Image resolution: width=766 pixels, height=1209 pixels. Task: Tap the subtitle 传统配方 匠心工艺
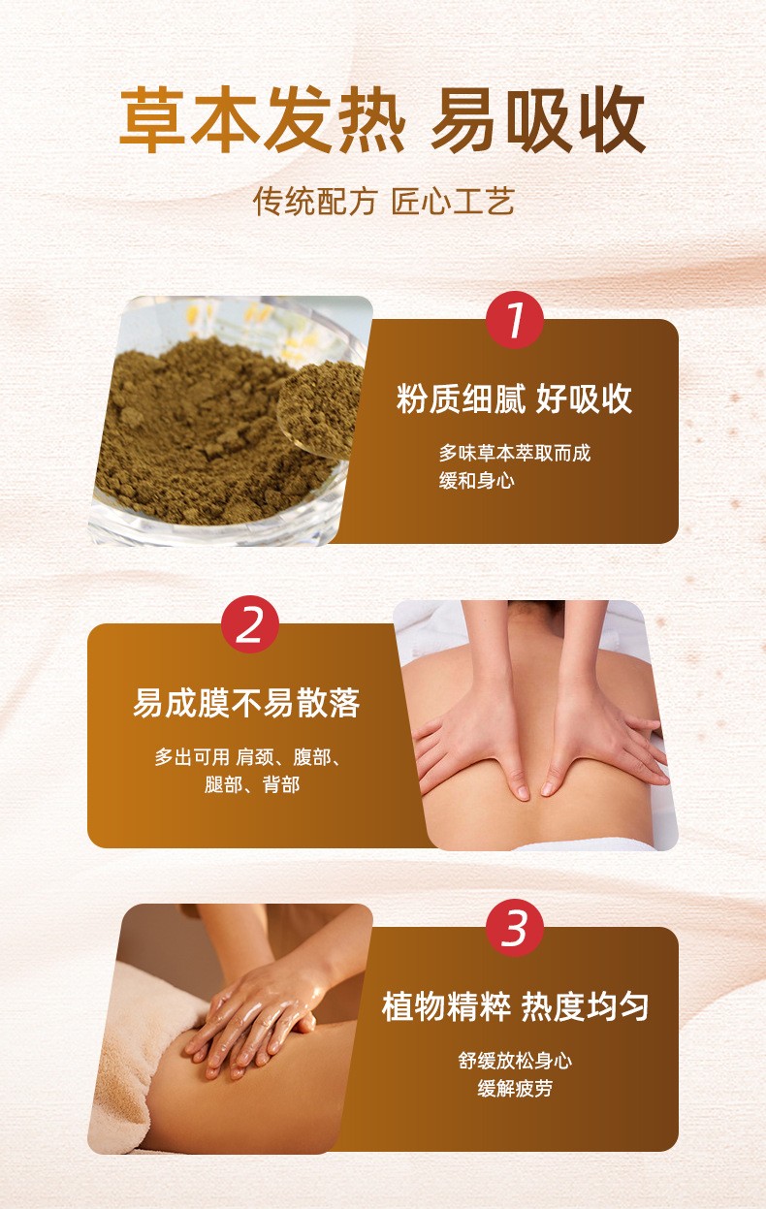[x=383, y=202]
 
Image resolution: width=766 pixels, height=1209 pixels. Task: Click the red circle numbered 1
[x=515, y=321]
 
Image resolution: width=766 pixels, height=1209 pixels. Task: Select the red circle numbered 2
[x=250, y=625]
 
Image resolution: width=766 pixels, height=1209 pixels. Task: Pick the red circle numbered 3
[x=515, y=929]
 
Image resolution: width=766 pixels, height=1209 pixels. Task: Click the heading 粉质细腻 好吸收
[x=514, y=398]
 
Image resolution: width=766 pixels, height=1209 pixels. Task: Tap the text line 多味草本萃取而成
[x=514, y=453]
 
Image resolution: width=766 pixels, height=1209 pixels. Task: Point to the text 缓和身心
[x=476, y=481]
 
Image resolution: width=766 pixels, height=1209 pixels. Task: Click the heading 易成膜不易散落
[x=246, y=703]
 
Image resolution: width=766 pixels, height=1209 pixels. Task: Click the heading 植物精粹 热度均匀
[x=515, y=1006]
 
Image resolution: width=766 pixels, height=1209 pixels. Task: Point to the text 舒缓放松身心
[x=515, y=1061]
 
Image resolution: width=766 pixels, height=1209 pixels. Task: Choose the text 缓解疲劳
[x=515, y=1089]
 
